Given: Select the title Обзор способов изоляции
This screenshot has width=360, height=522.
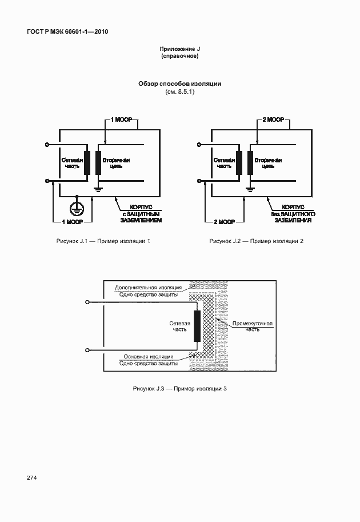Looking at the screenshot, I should [179, 83].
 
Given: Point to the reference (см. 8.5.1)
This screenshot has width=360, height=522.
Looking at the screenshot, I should [179, 92].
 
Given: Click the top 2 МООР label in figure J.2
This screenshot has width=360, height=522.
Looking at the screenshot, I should [273, 121].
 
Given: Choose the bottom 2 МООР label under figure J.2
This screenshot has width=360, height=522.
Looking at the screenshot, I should [225, 221].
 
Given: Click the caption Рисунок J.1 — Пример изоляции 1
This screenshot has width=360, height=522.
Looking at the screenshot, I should [103, 241].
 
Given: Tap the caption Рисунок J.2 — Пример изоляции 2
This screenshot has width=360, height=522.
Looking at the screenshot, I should [256, 241].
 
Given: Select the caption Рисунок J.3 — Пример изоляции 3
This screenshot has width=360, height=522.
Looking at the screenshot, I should [179, 389].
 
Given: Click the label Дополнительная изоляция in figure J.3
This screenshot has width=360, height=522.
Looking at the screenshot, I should [148, 287].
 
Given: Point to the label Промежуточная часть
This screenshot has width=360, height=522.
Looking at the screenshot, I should [253, 326].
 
